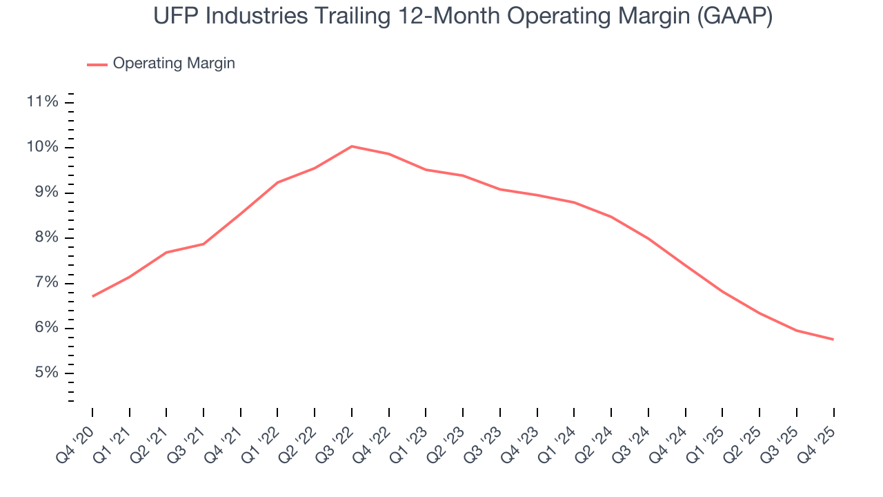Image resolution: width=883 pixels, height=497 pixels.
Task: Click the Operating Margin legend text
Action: (x=174, y=64)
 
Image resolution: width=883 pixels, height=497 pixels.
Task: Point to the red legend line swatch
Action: (x=97, y=64)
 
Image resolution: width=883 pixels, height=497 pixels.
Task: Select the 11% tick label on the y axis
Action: (x=42, y=102)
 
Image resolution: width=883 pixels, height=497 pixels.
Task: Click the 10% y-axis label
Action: (x=42, y=147)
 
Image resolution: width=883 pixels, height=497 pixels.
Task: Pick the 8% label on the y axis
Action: (x=46, y=237)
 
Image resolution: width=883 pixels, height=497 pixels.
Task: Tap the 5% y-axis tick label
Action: (x=46, y=373)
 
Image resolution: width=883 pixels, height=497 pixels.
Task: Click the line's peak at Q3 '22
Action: (x=352, y=146)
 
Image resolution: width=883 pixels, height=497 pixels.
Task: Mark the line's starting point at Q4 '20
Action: (x=92, y=296)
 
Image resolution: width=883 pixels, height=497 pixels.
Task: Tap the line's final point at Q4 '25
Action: (x=833, y=339)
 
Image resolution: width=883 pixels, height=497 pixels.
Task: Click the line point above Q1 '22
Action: (x=277, y=182)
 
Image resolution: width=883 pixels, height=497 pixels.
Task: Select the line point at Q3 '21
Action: (x=204, y=244)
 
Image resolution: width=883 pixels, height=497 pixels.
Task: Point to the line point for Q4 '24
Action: (x=686, y=266)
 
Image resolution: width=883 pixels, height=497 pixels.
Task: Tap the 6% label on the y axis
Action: (x=46, y=328)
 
